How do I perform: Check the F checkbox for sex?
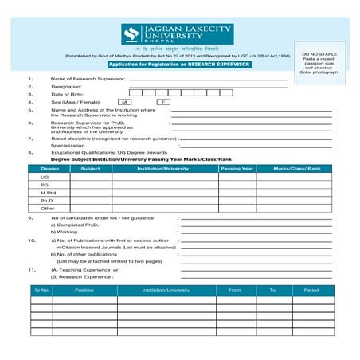pyautogui.click(x=162, y=103)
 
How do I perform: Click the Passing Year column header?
pyautogui.click(x=237, y=169)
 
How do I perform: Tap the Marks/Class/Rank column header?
pyautogui.click(x=296, y=169)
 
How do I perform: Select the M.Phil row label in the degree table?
pyautogui.click(x=49, y=192)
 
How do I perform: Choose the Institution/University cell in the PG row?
pyautogui.click(x=163, y=185)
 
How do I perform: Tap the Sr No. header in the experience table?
pyautogui.click(x=42, y=290)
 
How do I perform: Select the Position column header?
pyautogui.click(x=84, y=290)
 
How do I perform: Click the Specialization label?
pyautogui.click(x=68, y=145)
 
